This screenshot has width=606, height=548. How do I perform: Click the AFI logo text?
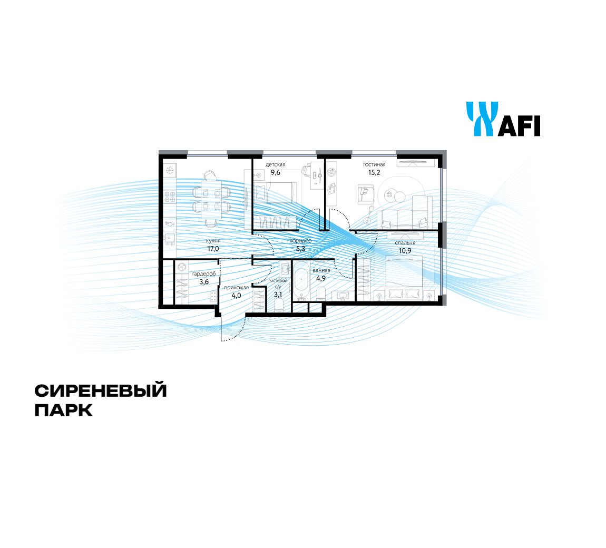tap(519, 125)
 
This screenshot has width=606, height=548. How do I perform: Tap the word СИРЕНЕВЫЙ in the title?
tap(101, 390)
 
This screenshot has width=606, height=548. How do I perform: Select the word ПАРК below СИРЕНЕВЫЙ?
tap(64, 410)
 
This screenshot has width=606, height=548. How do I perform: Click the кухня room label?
tap(213, 241)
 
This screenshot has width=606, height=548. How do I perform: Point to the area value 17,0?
tap(213, 249)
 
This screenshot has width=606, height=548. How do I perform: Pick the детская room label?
tap(275, 164)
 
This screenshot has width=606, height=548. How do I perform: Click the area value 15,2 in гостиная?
tap(374, 173)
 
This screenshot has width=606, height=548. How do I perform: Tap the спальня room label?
tap(405, 243)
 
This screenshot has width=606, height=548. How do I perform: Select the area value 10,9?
tap(405, 250)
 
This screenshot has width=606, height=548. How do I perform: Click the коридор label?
tap(301, 241)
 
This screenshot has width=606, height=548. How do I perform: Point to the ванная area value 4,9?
tap(321, 278)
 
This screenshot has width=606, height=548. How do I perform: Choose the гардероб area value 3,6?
tap(204, 282)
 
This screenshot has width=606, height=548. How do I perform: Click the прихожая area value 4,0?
tap(236, 296)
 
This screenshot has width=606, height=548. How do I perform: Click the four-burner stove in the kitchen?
tap(170, 197)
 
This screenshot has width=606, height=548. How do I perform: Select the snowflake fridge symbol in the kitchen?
tap(169, 170)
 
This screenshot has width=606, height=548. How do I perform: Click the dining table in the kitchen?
tap(211, 200)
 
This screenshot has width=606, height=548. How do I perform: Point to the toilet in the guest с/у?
tap(279, 304)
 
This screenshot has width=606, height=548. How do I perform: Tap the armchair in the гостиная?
tap(366, 194)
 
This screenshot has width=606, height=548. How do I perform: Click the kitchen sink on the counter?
tap(170, 240)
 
